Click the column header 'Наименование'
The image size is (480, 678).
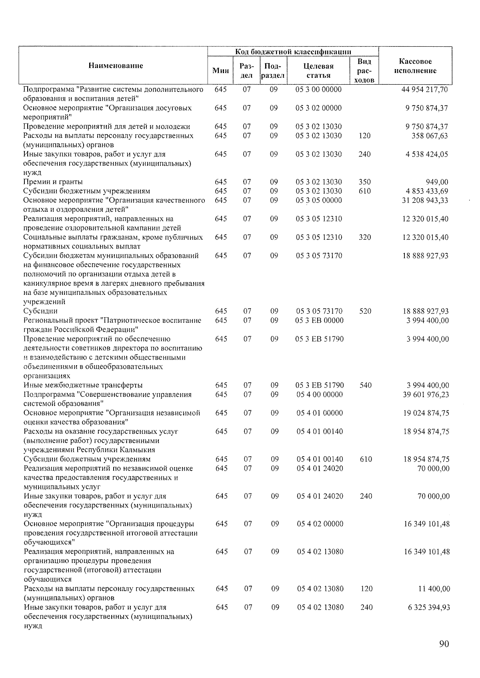(116, 66)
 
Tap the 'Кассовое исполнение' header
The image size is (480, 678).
(415, 66)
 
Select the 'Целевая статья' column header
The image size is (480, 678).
(318, 70)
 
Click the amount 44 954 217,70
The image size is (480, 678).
(424, 89)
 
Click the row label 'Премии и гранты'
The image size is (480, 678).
(53, 182)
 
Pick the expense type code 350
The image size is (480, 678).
(364, 182)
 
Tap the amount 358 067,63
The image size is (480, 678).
(430, 136)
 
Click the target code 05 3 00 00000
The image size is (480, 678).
(318, 89)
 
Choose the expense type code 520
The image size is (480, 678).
(365, 311)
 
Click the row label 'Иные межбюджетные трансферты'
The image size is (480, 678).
(83, 386)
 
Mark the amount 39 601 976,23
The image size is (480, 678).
(426, 395)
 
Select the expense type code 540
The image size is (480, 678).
(365, 386)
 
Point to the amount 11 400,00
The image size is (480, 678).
(434, 589)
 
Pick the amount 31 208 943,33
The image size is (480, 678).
(425, 201)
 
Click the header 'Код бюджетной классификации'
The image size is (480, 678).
(293, 52)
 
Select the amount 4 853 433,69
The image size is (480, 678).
(427, 191)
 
